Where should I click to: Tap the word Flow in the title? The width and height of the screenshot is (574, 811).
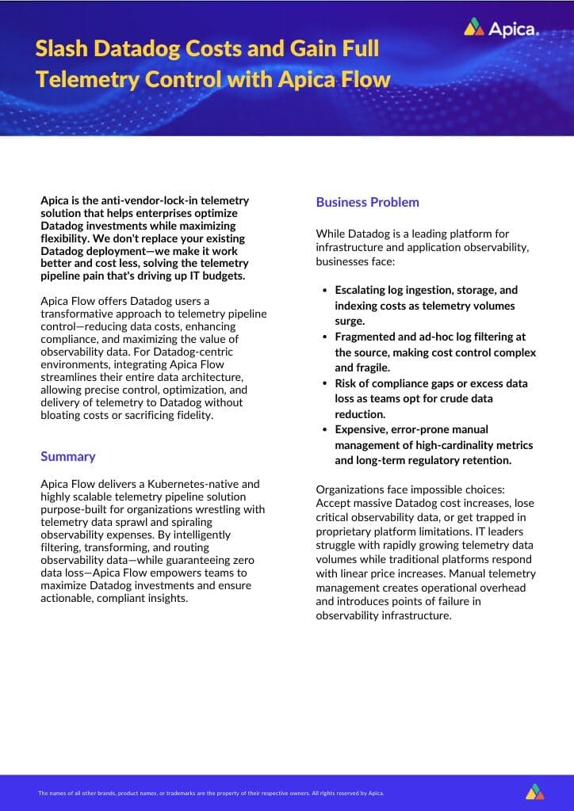(364, 79)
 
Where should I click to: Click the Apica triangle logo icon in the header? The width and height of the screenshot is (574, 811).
(474, 28)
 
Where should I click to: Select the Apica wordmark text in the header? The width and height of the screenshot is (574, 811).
(513, 29)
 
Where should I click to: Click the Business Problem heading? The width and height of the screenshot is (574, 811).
(367, 202)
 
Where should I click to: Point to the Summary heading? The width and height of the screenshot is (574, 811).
(68, 456)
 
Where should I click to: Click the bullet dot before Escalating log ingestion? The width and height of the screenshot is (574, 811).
(325, 291)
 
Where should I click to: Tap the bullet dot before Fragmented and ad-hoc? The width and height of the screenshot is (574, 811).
(325, 337)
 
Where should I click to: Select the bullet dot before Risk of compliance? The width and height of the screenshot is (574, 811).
(325, 384)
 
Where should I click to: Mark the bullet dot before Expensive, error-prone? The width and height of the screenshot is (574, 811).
(325, 430)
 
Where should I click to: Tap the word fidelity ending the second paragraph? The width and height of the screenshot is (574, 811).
(192, 415)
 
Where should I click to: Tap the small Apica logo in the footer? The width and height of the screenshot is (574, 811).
(535, 792)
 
